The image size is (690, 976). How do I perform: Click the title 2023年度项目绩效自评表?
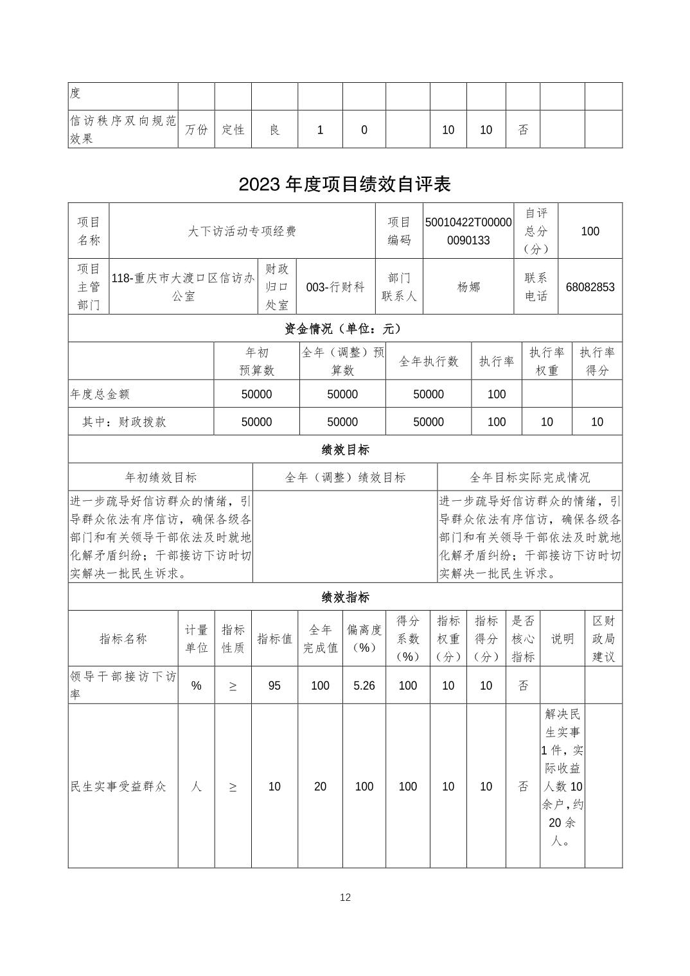coord(344,184)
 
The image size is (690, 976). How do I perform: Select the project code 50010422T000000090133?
coord(468,231)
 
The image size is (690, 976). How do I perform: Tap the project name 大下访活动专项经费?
coord(242,231)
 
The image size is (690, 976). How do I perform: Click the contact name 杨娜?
coord(468,287)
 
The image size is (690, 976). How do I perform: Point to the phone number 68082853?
coord(590,287)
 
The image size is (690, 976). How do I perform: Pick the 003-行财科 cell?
coord(335,287)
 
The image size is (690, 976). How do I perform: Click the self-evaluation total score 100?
coord(590,231)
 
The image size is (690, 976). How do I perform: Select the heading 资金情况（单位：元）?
coord(344,329)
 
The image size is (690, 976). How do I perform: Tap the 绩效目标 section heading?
coord(345,449)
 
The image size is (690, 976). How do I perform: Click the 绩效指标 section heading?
coord(345,597)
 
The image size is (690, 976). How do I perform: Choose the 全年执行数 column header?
coord(429,362)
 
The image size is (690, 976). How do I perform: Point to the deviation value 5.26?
coord(364,686)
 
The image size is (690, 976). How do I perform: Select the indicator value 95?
coord(274,686)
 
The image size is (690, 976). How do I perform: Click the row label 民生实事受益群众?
coord(119,787)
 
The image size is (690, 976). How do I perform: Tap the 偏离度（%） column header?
coord(364,638)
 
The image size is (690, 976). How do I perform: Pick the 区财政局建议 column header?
coord(603,638)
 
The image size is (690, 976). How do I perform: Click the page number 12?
coord(345,898)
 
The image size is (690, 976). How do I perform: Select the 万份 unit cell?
coord(196,130)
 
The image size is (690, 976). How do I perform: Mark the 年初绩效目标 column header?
coord(161,478)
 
